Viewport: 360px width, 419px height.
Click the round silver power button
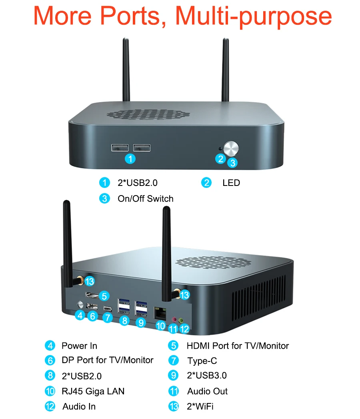tap(231, 148)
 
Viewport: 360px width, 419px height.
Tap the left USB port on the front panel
tap(120, 148)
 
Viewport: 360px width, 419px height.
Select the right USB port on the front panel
tap(142, 148)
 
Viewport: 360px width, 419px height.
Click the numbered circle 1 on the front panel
tap(130, 159)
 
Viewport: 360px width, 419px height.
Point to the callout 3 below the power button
tap(233, 163)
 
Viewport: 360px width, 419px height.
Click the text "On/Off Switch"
tap(145, 199)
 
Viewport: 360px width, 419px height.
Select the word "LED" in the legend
tap(231, 183)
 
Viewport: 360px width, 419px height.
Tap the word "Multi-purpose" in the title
tap(253, 16)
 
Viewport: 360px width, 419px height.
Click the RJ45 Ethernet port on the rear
tap(160, 313)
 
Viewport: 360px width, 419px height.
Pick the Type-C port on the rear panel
tap(108, 309)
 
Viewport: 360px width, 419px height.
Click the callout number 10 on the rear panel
tap(161, 326)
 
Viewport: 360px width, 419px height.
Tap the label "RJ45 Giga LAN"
tap(93, 391)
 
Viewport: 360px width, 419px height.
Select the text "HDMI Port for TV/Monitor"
tap(238, 346)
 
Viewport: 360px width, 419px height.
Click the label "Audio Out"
tap(207, 391)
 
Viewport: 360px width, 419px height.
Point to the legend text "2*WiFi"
tap(200, 407)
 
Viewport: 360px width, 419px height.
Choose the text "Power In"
tap(79, 346)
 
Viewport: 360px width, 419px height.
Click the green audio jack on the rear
tap(181, 320)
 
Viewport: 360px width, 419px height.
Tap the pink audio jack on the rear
tap(174, 319)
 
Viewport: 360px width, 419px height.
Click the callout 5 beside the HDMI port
tap(104, 296)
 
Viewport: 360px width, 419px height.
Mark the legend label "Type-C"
tap(202, 361)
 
